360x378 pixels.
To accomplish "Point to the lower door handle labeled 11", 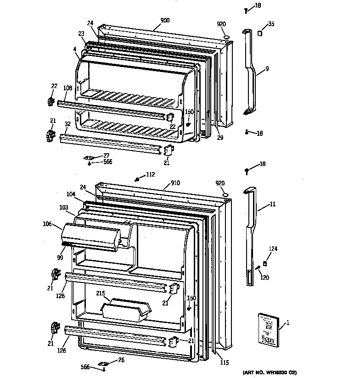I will [250, 229].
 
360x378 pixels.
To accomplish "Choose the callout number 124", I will [273, 249].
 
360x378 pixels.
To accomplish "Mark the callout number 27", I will [106, 156].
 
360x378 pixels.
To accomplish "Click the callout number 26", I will [121, 360].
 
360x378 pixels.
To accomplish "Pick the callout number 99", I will [60, 258].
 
